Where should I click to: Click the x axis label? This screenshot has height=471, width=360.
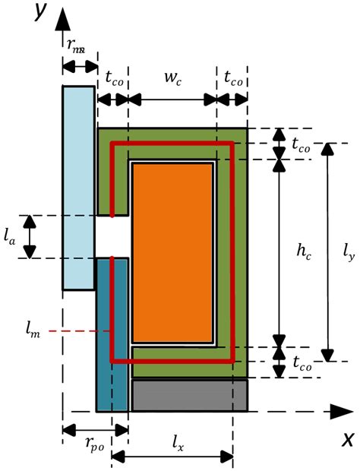(347, 439)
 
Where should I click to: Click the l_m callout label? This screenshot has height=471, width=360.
(30, 330)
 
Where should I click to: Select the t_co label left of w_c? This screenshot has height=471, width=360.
(114, 77)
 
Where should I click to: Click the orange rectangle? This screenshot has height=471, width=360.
(172, 252)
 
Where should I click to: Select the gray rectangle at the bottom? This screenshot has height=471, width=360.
(189, 395)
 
